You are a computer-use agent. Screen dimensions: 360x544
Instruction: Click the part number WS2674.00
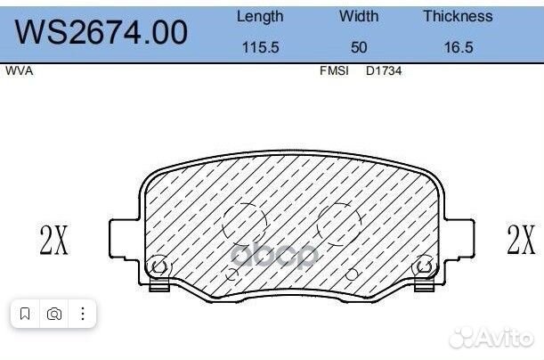click(102, 32)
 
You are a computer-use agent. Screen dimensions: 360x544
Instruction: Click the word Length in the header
click(260, 16)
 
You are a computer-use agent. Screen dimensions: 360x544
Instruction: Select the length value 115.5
click(260, 47)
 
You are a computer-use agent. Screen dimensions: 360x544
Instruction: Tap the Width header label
click(358, 16)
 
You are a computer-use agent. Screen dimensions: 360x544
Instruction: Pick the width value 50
click(358, 47)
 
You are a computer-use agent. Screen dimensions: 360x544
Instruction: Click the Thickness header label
click(457, 16)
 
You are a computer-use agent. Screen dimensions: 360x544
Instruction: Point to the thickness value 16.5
click(457, 47)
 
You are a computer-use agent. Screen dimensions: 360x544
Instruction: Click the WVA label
click(20, 71)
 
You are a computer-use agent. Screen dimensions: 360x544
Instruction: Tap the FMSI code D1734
click(384, 71)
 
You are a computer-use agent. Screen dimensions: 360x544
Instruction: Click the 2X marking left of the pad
click(53, 240)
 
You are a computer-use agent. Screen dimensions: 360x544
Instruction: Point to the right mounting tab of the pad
click(458, 239)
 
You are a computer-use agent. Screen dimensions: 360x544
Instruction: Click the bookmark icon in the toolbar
click(25, 314)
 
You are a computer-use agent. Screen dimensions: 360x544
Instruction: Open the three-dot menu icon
click(82, 314)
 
